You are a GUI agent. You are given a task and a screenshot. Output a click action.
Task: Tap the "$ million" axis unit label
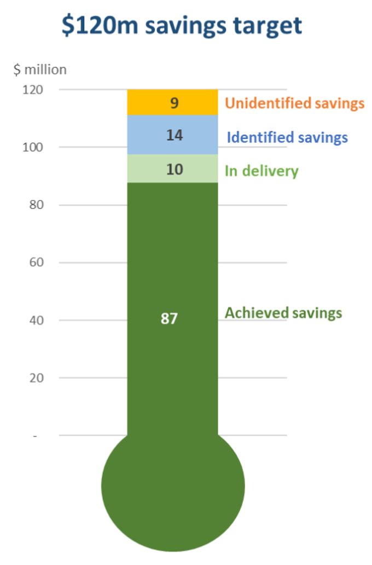pyautogui.click(x=41, y=70)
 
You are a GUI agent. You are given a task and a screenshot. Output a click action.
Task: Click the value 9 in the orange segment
pyautogui.click(x=174, y=103)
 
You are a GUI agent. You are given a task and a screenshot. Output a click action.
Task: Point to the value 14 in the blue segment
pyautogui.click(x=174, y=135)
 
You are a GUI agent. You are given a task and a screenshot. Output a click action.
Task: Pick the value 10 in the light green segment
pyautogui.click(x=174, y=169)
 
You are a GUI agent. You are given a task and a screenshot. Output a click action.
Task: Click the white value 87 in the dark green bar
pyautogui.click(x=170, y=319)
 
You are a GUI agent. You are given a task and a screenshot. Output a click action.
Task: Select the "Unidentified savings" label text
pyautogui.click(x=295, y=103)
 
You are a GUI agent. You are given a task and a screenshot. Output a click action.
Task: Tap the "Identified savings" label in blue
pyautogui.click(x=287, y=137)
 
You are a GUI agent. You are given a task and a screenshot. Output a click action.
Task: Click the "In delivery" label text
pyautogui.click(x=262, y=171)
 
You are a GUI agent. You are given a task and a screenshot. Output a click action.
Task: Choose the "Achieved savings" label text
pyautogui.click(x=283, y=313)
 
